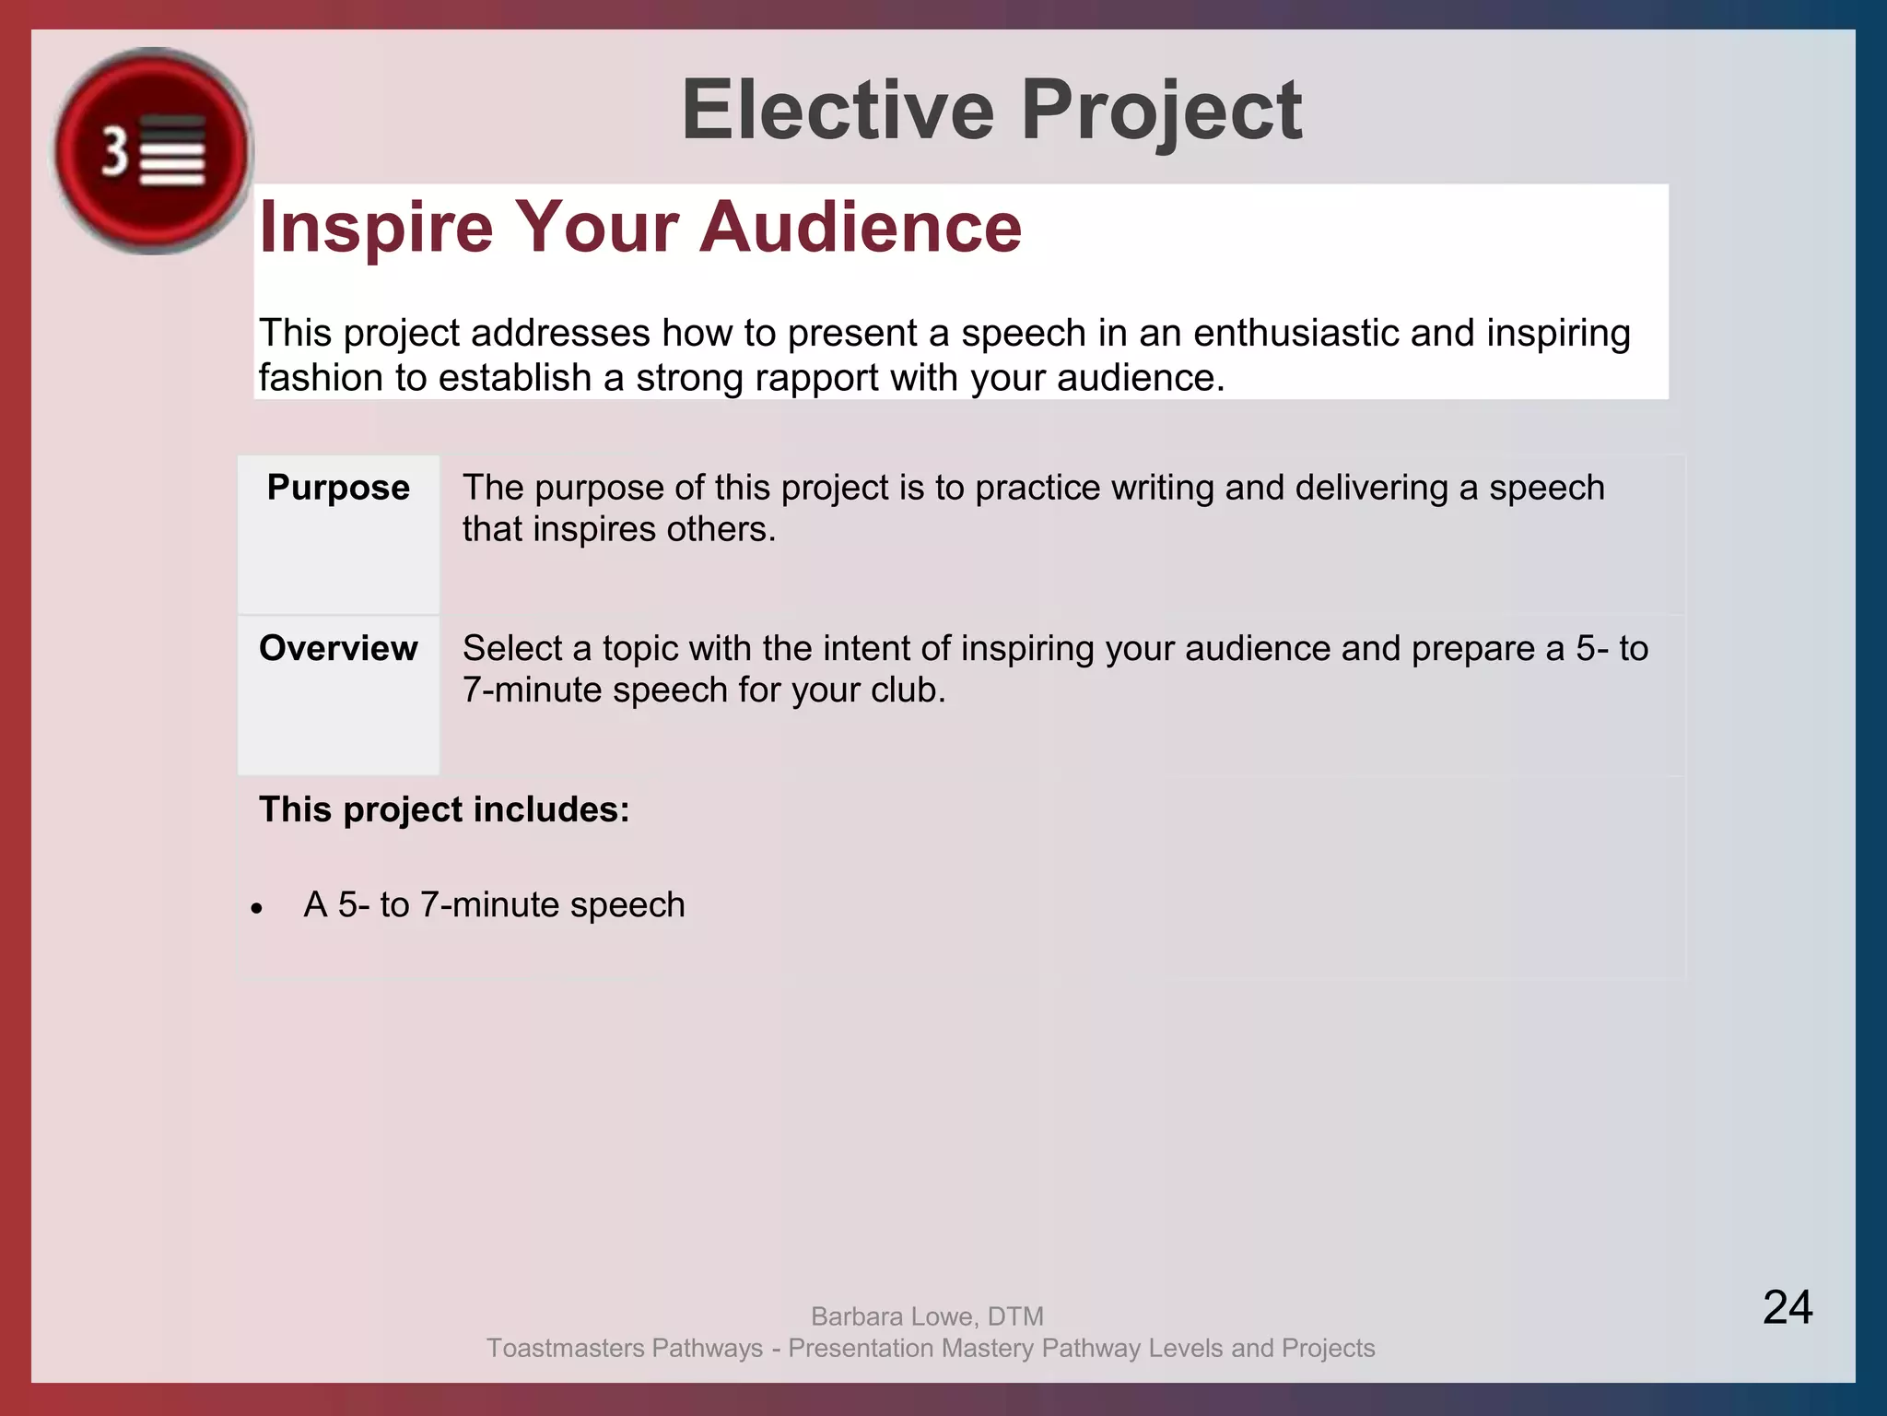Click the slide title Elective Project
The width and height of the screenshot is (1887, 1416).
(x=991, y=111)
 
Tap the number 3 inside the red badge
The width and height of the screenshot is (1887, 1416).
(x=114, y=151)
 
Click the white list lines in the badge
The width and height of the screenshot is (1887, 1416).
(x=172, y=153)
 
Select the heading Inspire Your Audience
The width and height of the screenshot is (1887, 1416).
(x=640, y=227)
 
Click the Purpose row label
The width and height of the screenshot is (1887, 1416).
(x=338, y=487)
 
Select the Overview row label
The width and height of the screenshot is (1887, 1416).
(x=338, y=648)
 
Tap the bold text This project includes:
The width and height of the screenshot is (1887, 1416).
(x=444, y=809)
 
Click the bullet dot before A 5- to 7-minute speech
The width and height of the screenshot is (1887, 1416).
(x=257, y=909)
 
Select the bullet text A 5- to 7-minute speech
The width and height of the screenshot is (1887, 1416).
(x=494, y=905)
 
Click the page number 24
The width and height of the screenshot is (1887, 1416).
(x=1787, y=1307)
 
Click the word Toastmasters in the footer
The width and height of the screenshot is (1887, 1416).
(x=565, y=1348)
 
